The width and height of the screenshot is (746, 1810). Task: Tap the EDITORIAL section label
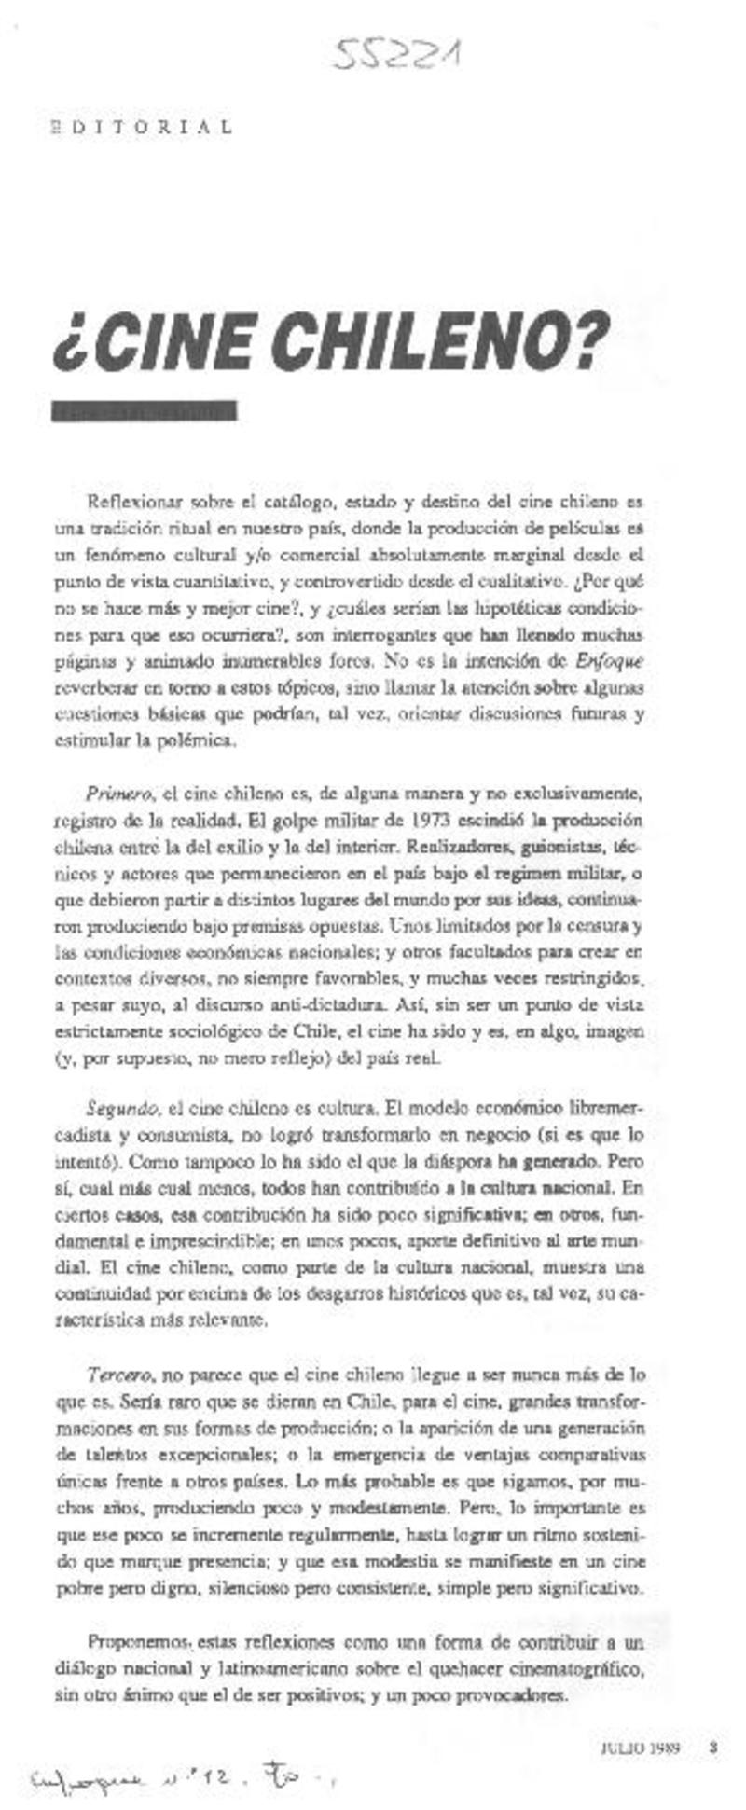[x=141, y=128]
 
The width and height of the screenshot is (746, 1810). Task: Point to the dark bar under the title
[x=145, y=410]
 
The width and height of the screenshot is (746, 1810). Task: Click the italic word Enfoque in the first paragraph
[x=610, y=661]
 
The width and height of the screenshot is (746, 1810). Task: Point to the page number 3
[x=712, y=1749]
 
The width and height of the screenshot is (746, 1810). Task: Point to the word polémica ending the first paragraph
[x=186, y=741]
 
